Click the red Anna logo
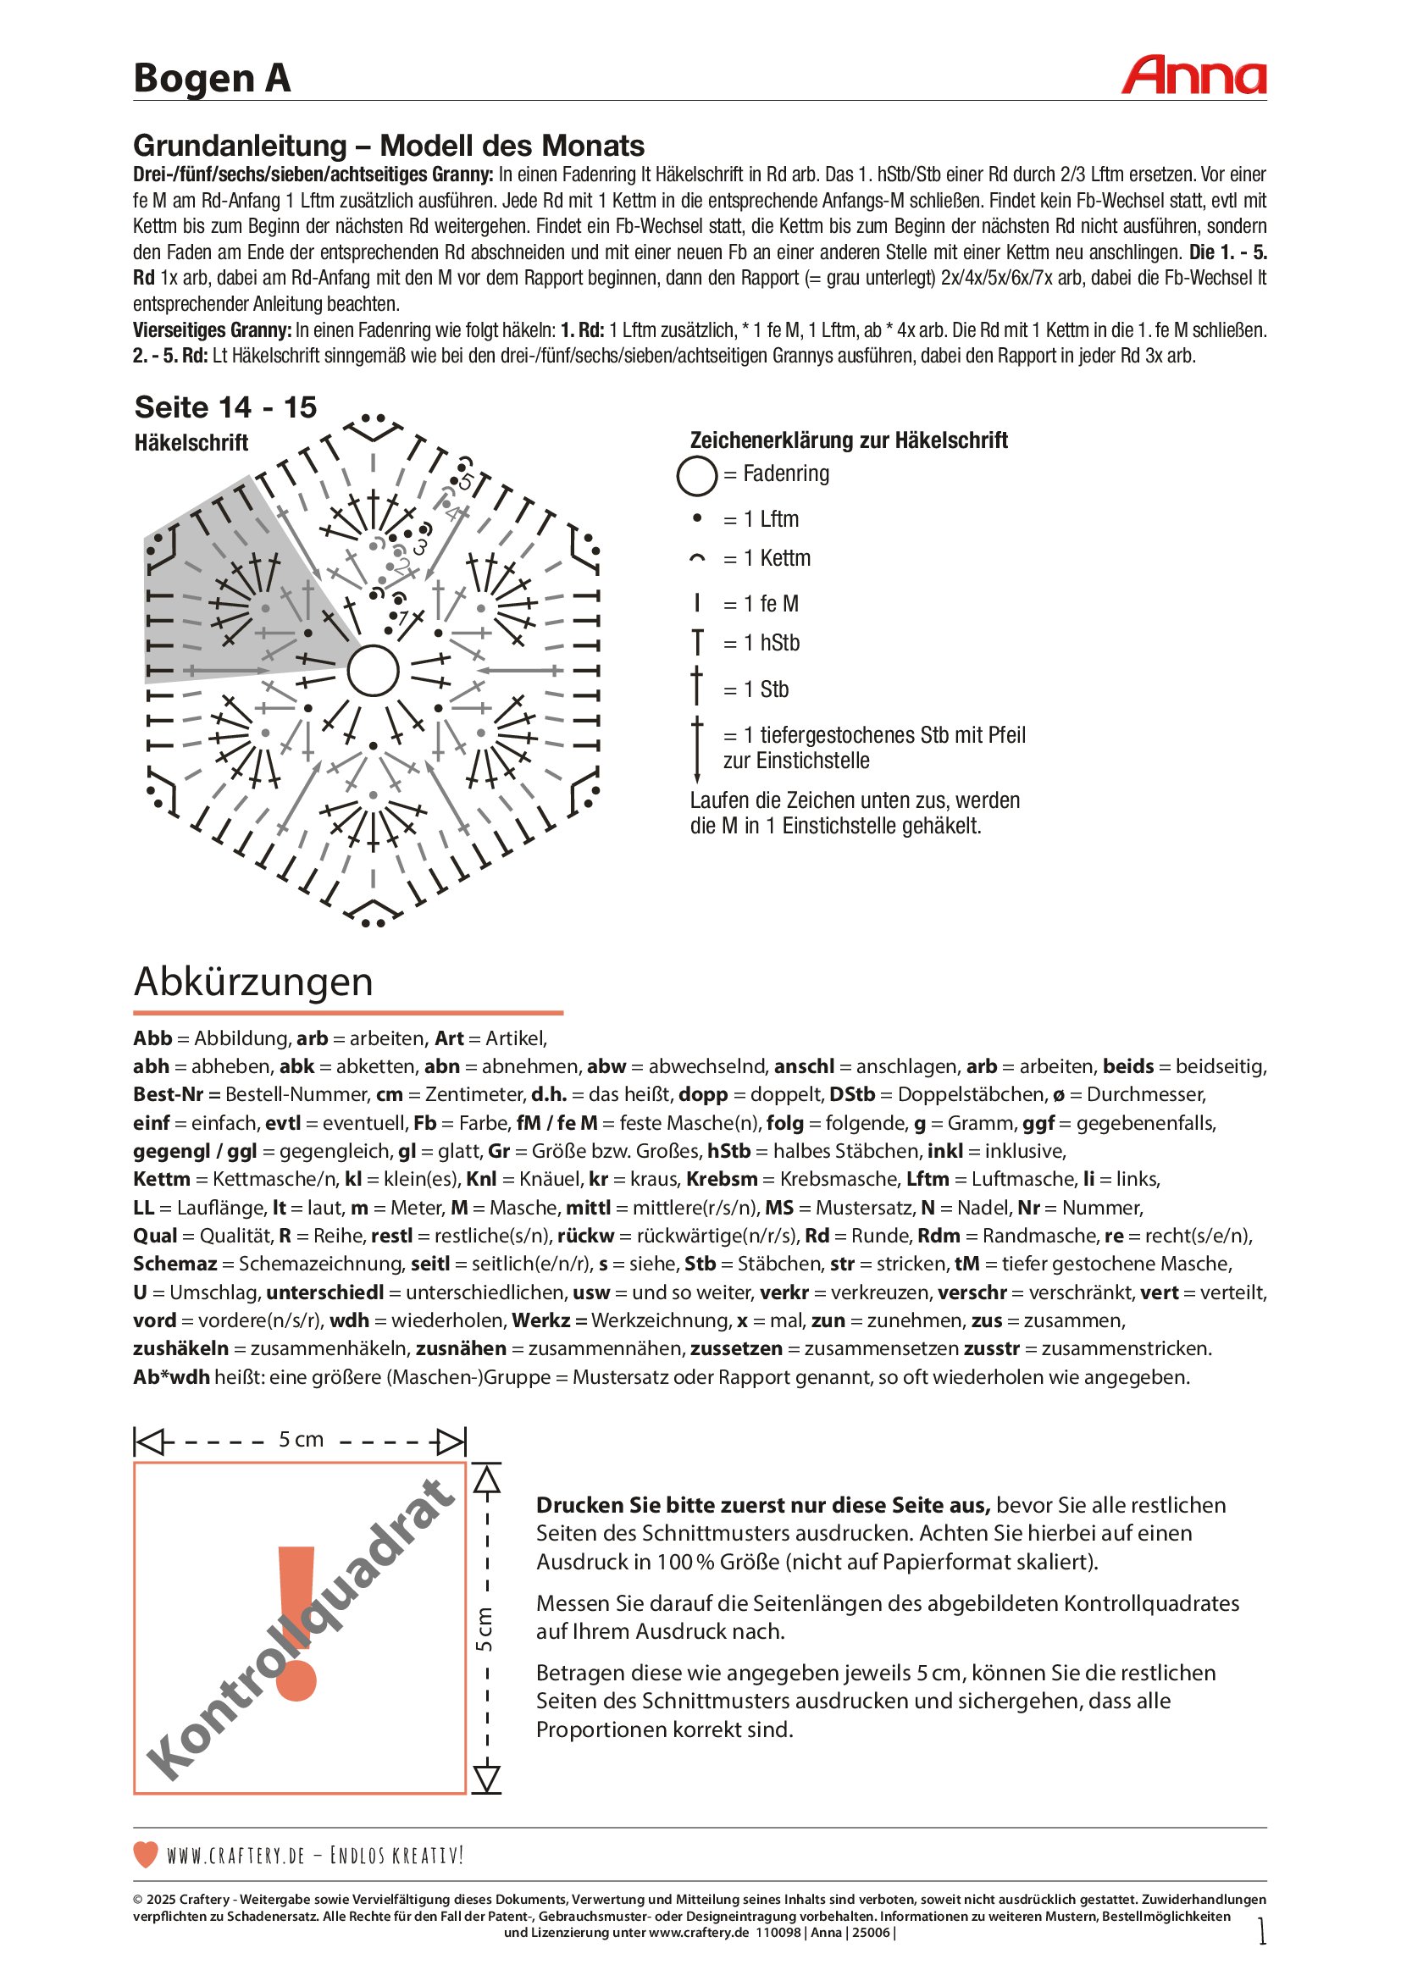coord(1193,76)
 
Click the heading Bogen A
coord(212,79)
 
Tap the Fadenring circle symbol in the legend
coord(696,475)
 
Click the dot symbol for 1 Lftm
coord(697,518)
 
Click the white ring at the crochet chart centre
coord(373,671)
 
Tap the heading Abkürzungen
coord(253,982)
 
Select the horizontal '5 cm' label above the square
coord(300,1440)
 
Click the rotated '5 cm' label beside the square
coord(485,1628)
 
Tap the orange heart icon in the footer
coord(146,1854)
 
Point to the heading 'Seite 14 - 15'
coord(225,407)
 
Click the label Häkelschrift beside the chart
coord(191,443)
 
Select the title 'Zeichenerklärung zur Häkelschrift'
coord(848,440)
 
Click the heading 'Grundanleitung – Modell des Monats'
coord(389,145)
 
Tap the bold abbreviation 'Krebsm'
coord(721,1179)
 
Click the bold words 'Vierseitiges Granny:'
coord(213,330)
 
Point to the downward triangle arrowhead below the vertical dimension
coord(487,1779)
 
